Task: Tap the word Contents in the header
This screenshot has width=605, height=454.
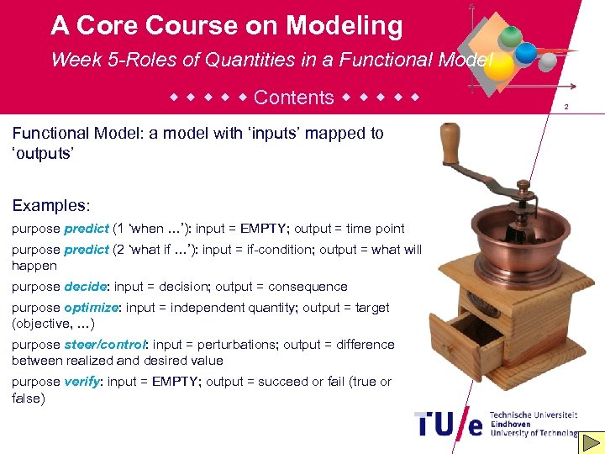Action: (293, 98)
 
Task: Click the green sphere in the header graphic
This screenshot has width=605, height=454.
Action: (510, 36)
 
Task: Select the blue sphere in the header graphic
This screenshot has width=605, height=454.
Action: (526, 52)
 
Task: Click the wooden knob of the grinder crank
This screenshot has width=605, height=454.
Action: (450, 144)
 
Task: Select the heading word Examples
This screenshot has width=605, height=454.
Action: (50, 205)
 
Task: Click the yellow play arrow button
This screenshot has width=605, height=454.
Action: (592, 441)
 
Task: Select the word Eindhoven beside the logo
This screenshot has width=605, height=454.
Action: (512, 424)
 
